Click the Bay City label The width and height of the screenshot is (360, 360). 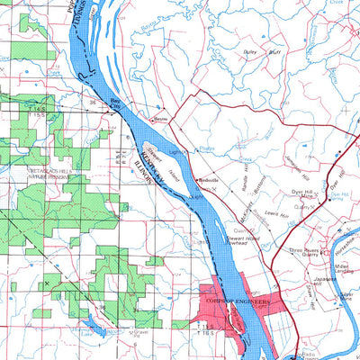tap(114, 102)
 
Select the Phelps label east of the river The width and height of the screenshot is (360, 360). tap(206, 145)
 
